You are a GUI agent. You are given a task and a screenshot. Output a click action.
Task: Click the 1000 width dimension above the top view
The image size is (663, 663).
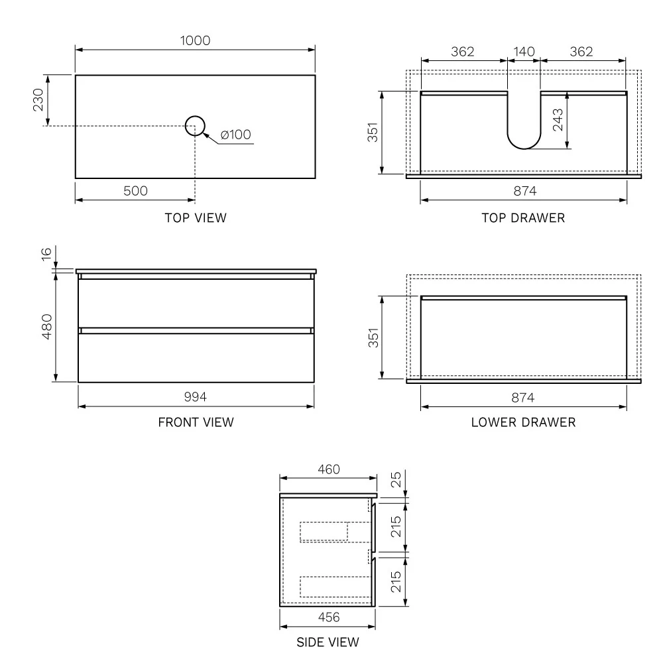195,40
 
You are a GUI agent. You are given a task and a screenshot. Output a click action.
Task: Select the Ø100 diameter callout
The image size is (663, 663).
235,135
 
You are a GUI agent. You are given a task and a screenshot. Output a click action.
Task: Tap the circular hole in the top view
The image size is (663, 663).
195,125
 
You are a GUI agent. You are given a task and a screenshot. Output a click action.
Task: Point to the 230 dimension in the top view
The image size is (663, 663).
38,100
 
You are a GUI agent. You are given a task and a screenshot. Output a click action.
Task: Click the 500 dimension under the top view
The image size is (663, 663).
135,191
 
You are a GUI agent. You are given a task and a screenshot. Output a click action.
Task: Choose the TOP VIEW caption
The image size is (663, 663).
196,217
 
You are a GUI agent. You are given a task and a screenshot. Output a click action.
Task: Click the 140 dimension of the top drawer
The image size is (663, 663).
524,52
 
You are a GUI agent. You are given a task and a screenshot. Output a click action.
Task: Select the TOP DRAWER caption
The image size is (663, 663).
524,217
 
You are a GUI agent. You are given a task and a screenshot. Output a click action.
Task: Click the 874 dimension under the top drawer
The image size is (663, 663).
524,191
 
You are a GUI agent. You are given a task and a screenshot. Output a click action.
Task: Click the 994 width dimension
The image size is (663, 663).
196,397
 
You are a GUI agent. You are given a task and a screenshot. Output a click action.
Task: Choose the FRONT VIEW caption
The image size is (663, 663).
196,422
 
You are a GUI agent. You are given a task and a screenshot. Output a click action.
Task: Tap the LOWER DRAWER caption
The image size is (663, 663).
524,422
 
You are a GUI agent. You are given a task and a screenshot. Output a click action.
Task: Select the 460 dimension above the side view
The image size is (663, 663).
328,469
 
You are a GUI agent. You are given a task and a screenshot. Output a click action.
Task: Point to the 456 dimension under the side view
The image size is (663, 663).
328,617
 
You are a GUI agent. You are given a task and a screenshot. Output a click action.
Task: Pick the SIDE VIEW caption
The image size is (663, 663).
328,642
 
